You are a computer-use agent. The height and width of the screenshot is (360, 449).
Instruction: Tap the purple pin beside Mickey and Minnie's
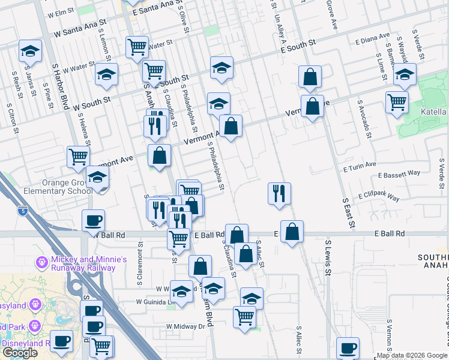[x=41, y=263]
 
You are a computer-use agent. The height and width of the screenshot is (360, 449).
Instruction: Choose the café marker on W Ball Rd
[x=93, y=221]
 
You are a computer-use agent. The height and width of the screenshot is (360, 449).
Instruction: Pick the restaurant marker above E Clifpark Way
[x=279, y=193]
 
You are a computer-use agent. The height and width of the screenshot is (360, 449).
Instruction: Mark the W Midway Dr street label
[x=186, y=326]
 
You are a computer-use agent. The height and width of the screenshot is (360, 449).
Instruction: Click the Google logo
[x=20, y=353]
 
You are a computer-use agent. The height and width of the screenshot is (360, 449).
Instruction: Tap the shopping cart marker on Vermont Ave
[x=79, y=157]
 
